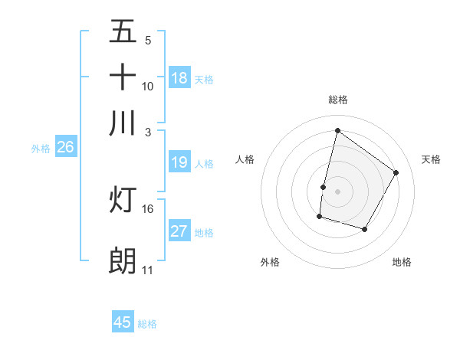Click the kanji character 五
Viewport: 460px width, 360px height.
(x=123, y=31)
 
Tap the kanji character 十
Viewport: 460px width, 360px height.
(x=123, y=77)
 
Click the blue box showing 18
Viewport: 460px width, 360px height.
(x=179, y=78)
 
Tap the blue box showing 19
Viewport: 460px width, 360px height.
(x=179, y=162)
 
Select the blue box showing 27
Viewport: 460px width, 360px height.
(x=179, y=231)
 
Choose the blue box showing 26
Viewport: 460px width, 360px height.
(x=65, y=148)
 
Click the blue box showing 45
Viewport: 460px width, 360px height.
(x=123, y=322)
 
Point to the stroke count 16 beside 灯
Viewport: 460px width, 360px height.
(x=148, y=208)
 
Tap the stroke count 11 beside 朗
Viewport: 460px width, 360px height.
(x=148, y=270)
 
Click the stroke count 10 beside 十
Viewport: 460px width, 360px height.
(x=148, y=86)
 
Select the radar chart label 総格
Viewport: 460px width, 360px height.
(x=337, y=100)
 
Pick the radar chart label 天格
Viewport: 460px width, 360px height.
(x=431, y=159)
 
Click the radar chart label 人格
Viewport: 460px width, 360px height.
(x=245, y=159)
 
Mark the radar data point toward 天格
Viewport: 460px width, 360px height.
(x=396, y=172)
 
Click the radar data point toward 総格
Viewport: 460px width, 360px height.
(x=337, y=130)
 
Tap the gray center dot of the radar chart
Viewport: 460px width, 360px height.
(x=337, y=191)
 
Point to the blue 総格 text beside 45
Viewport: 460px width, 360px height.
(x=147, y=324)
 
